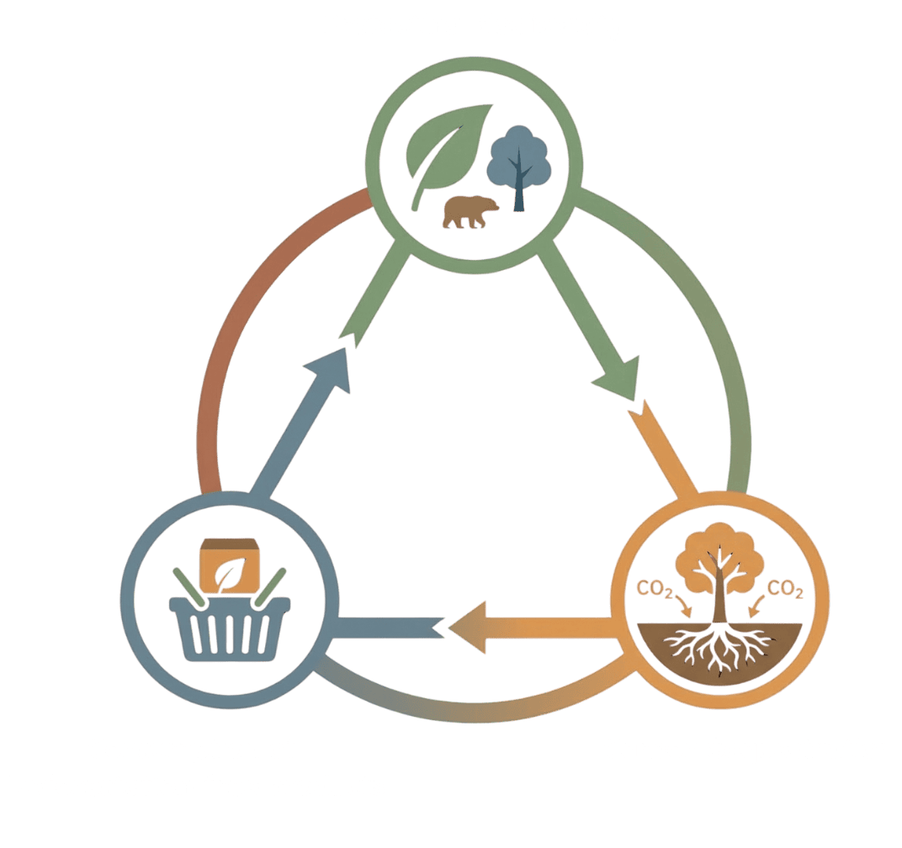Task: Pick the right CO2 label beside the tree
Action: tap(786, 591)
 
